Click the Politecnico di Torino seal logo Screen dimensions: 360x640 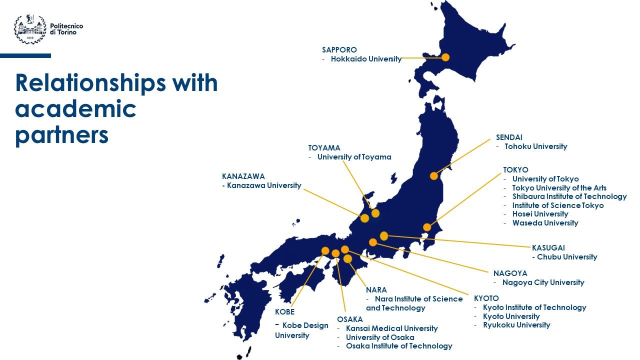[x=30, y=29]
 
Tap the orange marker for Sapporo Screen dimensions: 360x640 [x=445, y=57]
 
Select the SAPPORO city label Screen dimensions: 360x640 [x=339, y=50]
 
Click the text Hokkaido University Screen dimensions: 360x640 [x=366, y=59]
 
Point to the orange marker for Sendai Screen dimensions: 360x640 [x=434, y=175]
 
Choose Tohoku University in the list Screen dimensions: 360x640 [x=535, y=146]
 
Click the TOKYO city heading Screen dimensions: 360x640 [x=515, y=170]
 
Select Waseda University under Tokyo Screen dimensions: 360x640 [x=545, y=223]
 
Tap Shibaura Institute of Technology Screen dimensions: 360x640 [x=569, y=196]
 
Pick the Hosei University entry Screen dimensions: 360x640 [x=540, y=214]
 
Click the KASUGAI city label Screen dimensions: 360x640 [x=548, y=248]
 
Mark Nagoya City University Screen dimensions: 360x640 [x=543, y=282]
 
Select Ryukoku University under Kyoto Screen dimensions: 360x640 [x=516, y=325]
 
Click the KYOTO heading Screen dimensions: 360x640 [x=486, y=298]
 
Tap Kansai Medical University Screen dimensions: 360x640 [x=391, y=328]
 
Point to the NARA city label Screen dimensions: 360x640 [x=376, y=290]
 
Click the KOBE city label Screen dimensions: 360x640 [x=284, y=312]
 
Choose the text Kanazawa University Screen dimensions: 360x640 [x=264, y=185]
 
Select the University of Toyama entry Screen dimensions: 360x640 [x=354, y=157]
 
